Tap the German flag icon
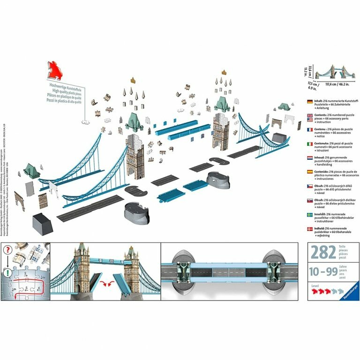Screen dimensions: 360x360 [309, 102]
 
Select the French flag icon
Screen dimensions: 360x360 [309, 130]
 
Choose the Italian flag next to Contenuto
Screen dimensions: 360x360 [309, 144]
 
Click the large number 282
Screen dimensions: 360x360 [321, 253]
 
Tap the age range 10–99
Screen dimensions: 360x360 [321, 271]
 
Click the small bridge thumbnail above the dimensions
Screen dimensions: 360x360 [335, 72]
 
